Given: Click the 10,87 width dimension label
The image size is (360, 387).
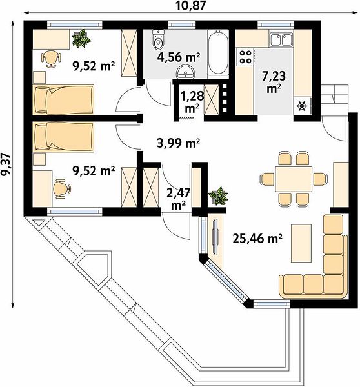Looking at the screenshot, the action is (190, 5).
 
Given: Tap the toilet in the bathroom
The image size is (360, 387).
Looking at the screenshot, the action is (158, 39).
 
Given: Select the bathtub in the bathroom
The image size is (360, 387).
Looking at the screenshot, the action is (218, 52).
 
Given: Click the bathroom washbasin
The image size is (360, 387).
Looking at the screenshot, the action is (186, 72).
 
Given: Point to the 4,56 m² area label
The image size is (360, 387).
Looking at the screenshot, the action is (179, 57).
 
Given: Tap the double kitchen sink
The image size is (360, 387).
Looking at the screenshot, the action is (281, 40).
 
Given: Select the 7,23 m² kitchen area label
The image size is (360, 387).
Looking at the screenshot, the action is (274, 81).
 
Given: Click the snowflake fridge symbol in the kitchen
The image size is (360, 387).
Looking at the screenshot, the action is (302, 106).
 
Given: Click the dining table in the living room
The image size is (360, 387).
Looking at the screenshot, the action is (294, 179).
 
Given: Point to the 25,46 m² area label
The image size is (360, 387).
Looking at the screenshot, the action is (257, 239).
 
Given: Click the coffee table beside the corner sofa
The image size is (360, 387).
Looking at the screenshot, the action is (301, 243).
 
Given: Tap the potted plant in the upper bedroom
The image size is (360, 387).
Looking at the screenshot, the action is (81, 39).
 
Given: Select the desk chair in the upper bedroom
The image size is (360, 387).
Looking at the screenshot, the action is (50, 59).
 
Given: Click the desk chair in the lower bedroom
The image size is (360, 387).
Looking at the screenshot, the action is (61, 188).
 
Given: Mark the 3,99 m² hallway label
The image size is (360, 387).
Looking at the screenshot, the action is (178, 143).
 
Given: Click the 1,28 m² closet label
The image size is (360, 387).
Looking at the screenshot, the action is (192, 102).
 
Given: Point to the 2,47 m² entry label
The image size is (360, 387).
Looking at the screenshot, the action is (178, 199).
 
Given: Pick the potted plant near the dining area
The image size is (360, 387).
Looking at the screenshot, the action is (218, 196).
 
